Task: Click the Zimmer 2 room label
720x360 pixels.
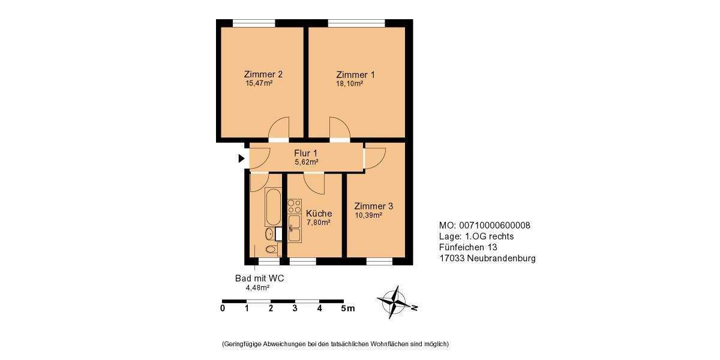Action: coord(263,74)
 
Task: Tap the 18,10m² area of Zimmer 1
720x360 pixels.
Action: coord(349,84)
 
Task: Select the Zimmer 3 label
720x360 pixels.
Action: coord(373,206)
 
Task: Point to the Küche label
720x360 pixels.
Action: coord(319,214)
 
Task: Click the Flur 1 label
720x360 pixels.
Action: coord(306,152)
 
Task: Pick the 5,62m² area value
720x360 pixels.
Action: coord(306,162)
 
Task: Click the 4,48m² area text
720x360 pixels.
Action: coord(257,288)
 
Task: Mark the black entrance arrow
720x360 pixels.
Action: coord(241,158)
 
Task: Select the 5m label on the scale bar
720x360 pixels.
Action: coord(347,308)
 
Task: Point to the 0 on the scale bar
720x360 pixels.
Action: coord(223,308)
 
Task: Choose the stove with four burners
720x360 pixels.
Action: coord(294,207)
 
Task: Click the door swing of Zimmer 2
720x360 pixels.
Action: coord(278,128)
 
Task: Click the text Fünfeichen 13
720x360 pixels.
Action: coord(468,247)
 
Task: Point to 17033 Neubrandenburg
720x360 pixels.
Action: coord(487,259)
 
